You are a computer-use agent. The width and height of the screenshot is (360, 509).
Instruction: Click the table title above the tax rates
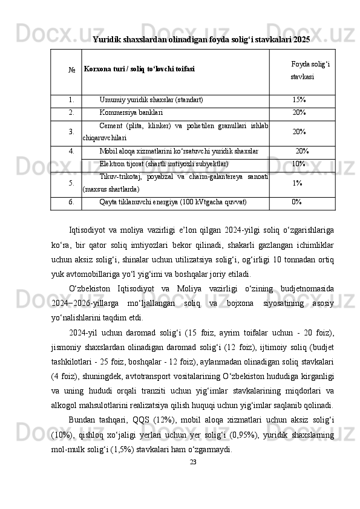click(x=201, y=39)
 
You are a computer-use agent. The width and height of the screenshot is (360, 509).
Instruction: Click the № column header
click(x=71, y=70)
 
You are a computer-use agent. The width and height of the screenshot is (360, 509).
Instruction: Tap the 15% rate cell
click(x=298, y=99)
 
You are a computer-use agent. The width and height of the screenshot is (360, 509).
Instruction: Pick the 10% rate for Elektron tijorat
click(x=298, y=163)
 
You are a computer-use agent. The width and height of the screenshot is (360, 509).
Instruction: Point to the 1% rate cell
click(x=297, y=183)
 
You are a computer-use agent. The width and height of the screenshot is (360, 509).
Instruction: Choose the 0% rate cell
click(x=297, y=202)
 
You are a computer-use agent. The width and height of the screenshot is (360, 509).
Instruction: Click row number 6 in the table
click(x=71, y=202)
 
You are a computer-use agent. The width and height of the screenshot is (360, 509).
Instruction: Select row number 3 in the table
click(x=71, y=131)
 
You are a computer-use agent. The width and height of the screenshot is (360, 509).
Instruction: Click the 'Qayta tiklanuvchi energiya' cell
click(x=172, y=202)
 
